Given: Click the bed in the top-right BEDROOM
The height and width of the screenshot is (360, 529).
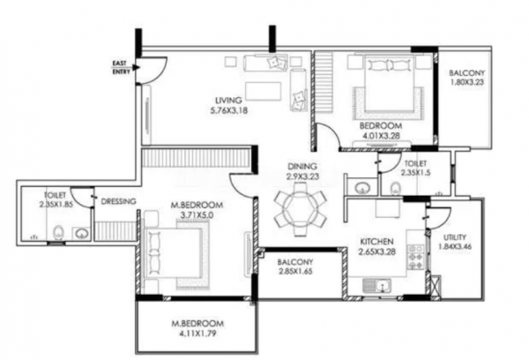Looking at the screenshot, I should (380, 84).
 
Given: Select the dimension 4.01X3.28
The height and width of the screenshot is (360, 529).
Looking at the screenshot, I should (380, 137).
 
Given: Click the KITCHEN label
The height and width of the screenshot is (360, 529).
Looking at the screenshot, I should (378, 242).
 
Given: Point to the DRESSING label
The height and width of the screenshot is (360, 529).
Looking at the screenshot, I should (117, 202).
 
